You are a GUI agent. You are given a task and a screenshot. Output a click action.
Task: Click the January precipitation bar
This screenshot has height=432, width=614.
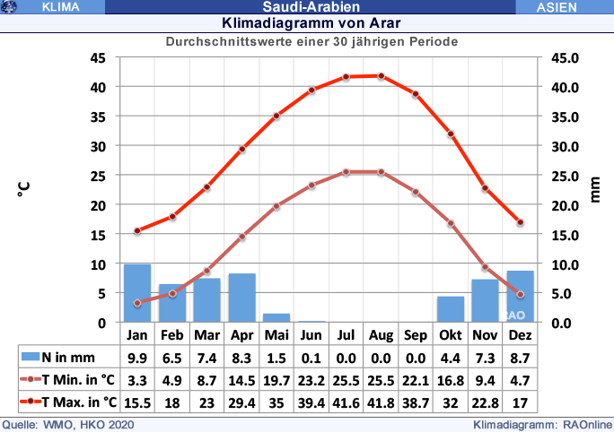(x=137, y=293)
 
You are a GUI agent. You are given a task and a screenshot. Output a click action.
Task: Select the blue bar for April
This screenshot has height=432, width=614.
(x=242, y=298)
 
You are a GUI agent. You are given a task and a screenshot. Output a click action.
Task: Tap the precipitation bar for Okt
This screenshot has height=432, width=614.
(x=451, y=309)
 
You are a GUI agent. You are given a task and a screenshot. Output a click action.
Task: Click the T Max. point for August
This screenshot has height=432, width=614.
(x=382, y=76)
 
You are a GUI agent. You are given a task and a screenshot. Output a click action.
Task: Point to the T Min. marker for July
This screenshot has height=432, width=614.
(x=346, y=172)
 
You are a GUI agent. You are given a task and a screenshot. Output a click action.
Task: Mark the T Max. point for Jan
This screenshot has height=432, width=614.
(x=137, y=231)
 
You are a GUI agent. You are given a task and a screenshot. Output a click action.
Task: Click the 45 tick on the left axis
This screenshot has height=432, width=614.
(x=98, y=57)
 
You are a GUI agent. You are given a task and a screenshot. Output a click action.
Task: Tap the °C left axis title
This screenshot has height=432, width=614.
(x=24, y=189)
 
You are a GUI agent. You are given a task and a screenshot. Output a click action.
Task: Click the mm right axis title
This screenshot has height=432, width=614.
(x=595, y=189)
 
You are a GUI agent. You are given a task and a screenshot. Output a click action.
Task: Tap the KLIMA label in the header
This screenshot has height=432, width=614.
(x=60, y=7)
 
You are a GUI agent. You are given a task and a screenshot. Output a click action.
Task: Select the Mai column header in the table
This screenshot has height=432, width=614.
(x=276, y=334)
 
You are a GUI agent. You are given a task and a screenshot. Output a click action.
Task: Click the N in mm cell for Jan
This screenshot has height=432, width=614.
(x=137, y=357)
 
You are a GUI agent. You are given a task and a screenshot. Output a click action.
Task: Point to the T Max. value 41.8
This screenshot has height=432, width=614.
(x=382, y=402)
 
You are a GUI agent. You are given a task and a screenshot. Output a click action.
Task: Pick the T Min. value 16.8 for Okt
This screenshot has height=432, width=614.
(x=451, y=379)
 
